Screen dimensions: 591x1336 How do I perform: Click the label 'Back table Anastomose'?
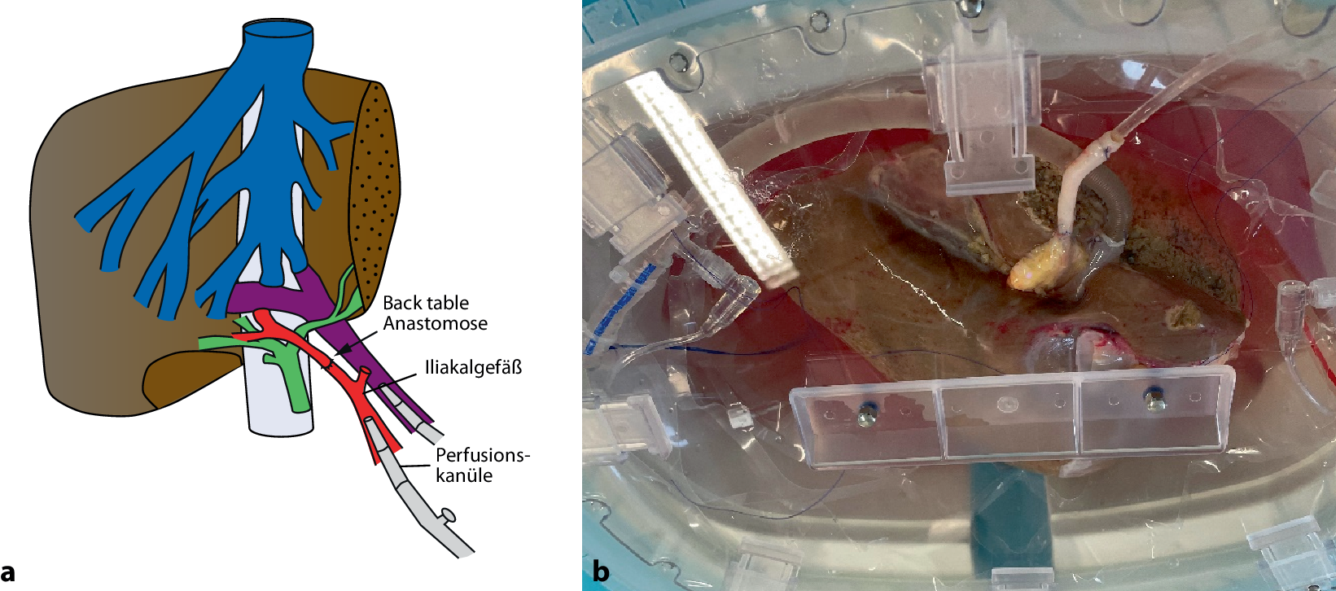[435, 313]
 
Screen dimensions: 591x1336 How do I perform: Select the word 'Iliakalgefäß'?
[473, 367]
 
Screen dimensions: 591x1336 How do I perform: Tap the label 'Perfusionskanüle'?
[482, 465]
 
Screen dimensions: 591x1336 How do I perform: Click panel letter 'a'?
[9, 571]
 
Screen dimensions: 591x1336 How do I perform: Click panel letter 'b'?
[601, 571]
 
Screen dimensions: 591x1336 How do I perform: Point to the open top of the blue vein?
[278, 33]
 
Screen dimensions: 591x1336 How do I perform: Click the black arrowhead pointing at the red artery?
[341, 349]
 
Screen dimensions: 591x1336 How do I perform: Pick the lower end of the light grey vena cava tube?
[280, 423]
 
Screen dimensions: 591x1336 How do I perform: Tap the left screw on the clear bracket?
[866, 418]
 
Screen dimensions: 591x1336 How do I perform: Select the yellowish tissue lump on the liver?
[1046, 265]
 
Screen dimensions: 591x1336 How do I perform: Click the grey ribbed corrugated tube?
[1115, 204]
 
